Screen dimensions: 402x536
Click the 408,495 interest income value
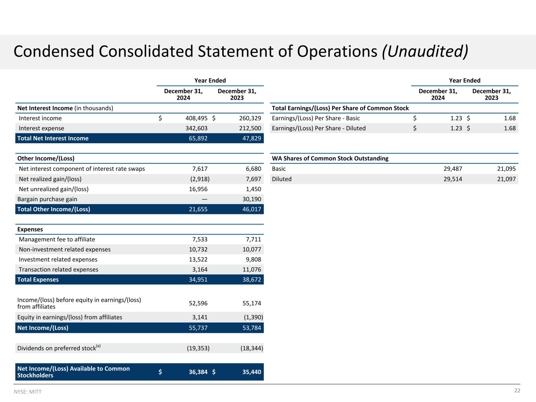(196, 118)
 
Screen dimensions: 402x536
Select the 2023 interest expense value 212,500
(250, 128)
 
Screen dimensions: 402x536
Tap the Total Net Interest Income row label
(53, 138)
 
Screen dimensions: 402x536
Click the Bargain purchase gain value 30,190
(252, 199)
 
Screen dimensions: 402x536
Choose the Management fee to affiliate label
(57, 239)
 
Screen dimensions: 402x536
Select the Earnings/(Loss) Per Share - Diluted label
(318, 128)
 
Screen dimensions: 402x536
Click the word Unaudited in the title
(425, 51)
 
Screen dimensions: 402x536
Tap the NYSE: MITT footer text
(27, 392)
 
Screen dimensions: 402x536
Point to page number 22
(517, 391)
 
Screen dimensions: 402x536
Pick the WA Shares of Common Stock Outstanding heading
(330, 159)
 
